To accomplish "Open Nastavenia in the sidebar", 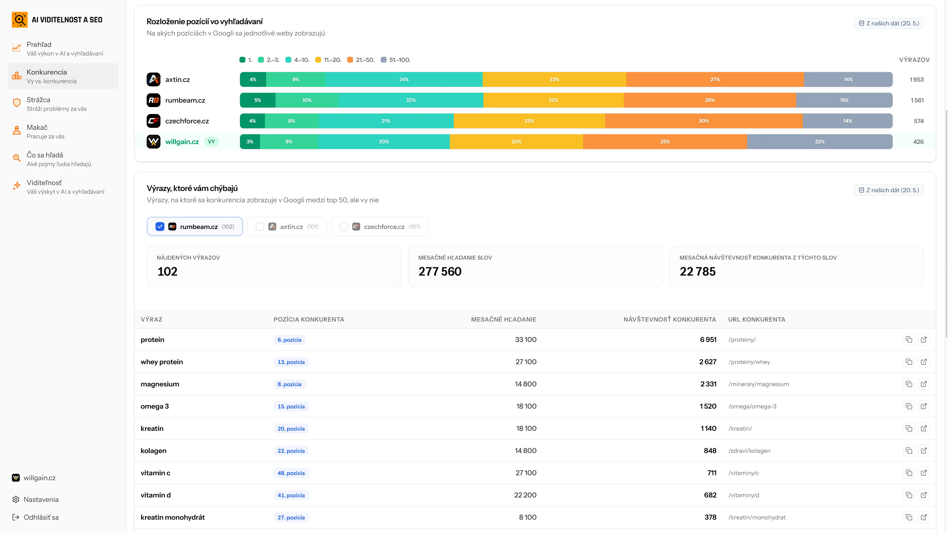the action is (41, 499).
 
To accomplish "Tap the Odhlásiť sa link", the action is (41, 517).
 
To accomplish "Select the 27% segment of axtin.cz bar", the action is (715, 79).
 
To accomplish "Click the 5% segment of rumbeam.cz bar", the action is (257, 100).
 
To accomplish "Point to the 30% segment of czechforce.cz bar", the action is (704, 121).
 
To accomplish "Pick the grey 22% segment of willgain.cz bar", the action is (820, 142).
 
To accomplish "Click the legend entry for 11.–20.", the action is (328, 59).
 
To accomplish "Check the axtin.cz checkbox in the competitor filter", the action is (260, 227).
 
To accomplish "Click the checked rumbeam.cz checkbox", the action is (160, 227).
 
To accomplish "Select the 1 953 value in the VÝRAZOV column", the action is (916, 79).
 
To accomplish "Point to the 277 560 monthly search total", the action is (440, 271).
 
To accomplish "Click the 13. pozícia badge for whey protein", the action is (291, 362).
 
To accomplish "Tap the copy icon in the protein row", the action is (908, 340).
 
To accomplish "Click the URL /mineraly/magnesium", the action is (758, 384).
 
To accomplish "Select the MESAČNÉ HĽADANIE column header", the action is (503, 319).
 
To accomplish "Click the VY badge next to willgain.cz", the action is (211, 142).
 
